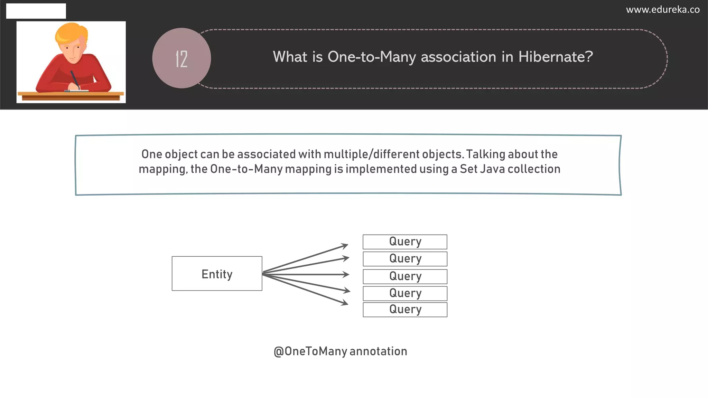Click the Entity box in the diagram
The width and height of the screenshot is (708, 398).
pyautogui.click(x=217, y=274)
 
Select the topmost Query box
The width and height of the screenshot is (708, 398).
pyautogui.click(x=405, y=242)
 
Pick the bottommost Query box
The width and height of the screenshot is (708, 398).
pyautogui.click(x=405, y=310)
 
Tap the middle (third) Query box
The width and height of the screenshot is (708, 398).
pyautogui.click(x=405, y=276)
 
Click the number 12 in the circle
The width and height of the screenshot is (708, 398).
pyautogui.click(x=181, y=59)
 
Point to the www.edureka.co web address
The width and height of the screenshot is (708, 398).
pyautogui.click(x=663, y=10)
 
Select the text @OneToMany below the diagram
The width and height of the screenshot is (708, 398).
pyautogui.click(x=310, y=351)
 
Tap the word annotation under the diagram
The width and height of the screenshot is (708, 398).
pyautogui.click(x=378, y=351)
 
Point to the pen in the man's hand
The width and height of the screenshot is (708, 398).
pyautogui.click(x=75, y=79)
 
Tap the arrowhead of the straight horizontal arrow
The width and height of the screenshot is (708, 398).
pyautogui.click(x=346, y=275)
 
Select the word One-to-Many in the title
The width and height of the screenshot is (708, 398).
pyautogui.click(x=372, y=57)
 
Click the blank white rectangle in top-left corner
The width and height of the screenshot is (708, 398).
pyautogui.click(x=36, y=11)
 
